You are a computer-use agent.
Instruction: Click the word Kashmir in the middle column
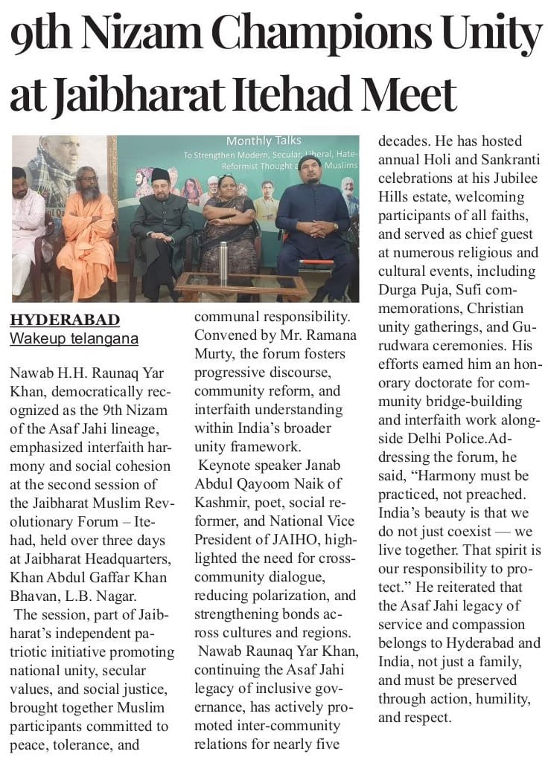coord(223,503)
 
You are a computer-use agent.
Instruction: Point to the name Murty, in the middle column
coord(217,353)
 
